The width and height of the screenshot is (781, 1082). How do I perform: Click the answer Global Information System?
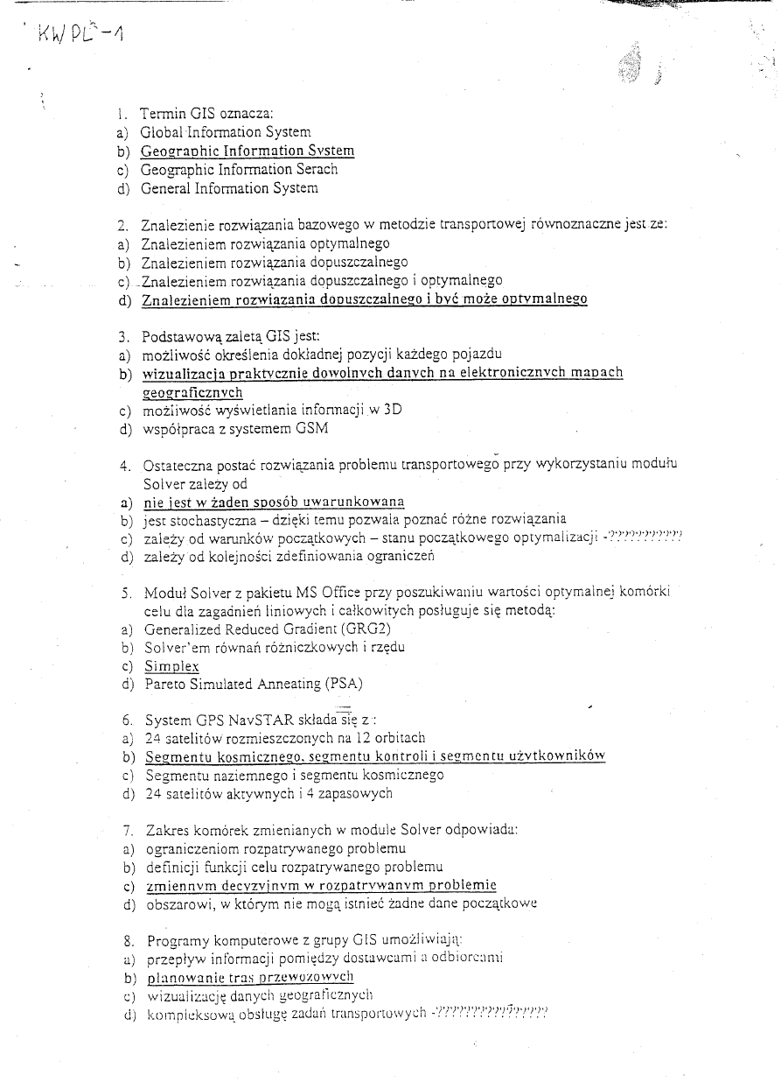(225, 132)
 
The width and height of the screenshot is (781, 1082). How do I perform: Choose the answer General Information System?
(229, 188)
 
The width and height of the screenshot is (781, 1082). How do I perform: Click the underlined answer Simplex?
(171, 666)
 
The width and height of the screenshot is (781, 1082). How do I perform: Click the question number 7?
(127, 829)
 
